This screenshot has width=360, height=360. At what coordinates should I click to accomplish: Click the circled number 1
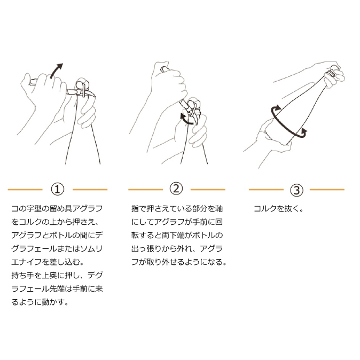click(x=57, y=190)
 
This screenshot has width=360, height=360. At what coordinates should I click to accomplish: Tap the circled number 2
click(x=176, y=189)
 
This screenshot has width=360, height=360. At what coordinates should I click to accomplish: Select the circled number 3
click(x=296, y=190)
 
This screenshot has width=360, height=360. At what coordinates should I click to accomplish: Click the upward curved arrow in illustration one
click(x=55, y=71)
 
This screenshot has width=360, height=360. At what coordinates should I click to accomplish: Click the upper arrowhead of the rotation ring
click(x=277, y=108)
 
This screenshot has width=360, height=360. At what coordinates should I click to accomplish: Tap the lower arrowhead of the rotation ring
click(x=304, y=132)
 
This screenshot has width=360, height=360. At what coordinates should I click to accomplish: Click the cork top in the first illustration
click(x=82, y=83)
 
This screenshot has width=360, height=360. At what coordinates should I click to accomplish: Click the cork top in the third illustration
click(x=335, y=69)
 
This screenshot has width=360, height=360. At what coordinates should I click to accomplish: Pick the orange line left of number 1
click(x=25, y=190)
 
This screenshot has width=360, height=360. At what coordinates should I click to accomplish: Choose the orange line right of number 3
click(x=327, y=190)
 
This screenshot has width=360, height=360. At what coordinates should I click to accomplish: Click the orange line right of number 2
click(x=208, y=190)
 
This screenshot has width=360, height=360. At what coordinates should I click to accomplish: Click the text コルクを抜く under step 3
click(x=279, y=209)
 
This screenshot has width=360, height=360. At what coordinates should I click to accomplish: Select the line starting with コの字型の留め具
click(x=57, y=208)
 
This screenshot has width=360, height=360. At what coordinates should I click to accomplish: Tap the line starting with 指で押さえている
click(x=177, y=208)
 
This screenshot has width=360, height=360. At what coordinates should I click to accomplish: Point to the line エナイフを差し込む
click(x=48, y=262)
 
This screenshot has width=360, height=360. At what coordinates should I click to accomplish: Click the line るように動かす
click(x=40, y=302)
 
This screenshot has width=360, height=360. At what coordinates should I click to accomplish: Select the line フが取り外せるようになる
click(x=179, y=262)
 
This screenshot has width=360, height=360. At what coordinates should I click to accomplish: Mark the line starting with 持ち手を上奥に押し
click(x=57, y=275)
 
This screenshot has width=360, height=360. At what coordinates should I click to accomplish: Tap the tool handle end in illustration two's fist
click(x=164, y=69)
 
